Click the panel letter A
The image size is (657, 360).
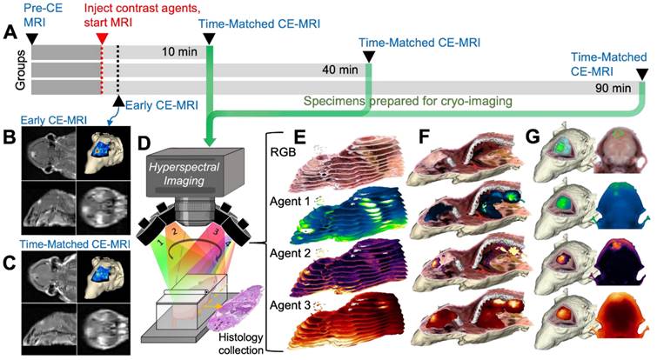point(10,32)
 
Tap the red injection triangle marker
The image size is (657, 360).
point(103,37)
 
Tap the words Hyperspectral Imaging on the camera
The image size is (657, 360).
point(189,160)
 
